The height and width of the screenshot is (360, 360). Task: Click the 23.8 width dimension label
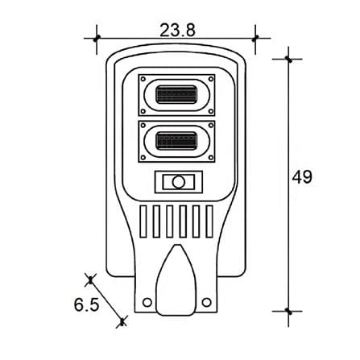coord(177,30)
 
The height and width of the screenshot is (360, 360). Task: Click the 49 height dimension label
coord(302,177)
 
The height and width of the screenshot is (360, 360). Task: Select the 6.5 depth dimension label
coord(86,304)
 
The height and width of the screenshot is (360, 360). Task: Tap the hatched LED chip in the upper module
coord(176,94)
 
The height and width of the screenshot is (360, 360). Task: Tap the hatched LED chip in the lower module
coord(176,141)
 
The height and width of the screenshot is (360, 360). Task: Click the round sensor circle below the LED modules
coord(179,182)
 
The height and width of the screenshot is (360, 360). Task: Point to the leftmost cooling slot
coord(143,221)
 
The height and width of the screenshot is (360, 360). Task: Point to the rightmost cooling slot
coord(209,221)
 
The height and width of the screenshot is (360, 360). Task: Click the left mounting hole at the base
coord(147,302)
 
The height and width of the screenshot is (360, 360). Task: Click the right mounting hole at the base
coord(206,302)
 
